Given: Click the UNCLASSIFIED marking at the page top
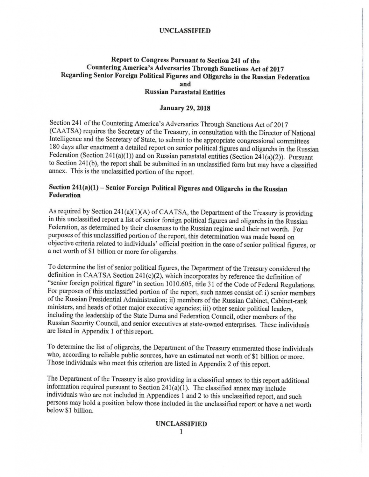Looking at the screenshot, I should coord(185,31).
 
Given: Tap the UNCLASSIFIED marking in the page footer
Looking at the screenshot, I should coord(181,424).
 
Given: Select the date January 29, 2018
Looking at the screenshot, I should coord(185,108).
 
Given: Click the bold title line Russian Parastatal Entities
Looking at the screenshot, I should coord(185,92).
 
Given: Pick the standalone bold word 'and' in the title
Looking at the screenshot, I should coord(185,84).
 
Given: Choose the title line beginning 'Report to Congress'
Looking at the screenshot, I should coord(185,60).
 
